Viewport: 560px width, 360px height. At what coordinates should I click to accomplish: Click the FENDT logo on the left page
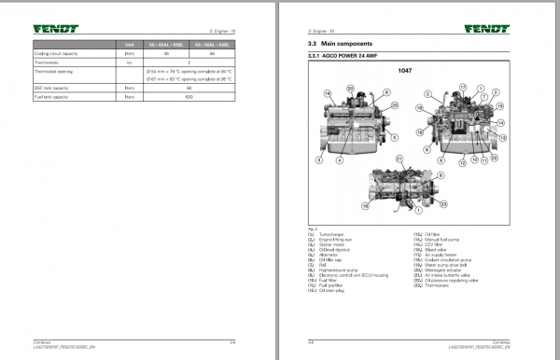click(58, 28)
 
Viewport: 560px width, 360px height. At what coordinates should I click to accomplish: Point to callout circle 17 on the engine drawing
click(461, 86)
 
